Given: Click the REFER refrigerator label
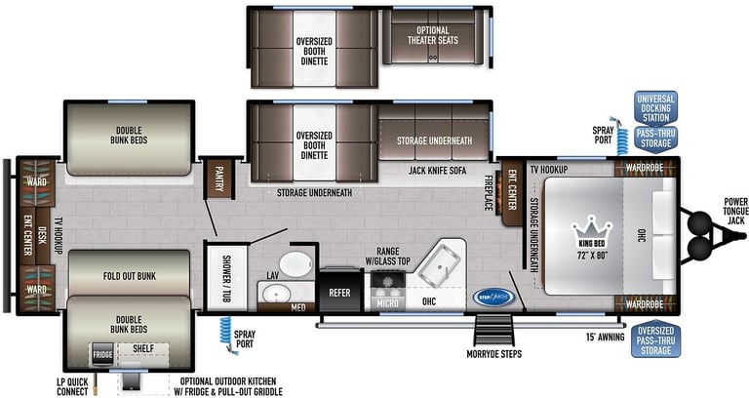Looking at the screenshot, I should coord(339,292).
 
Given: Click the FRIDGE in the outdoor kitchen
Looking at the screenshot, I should coord(101,355).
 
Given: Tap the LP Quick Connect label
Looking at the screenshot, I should coord(71,386).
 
